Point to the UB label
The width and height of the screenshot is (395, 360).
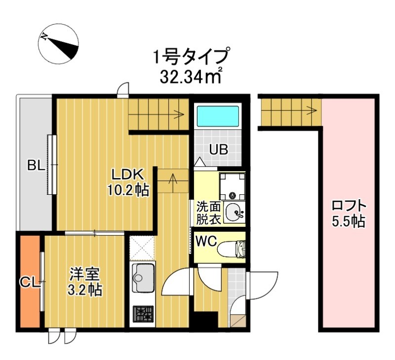[x=217, y=149]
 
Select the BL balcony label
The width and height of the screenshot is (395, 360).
[x=36, y=166]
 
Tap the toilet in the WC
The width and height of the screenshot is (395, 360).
[x=232, y=249]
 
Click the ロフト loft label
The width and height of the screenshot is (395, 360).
[x=350, y=205]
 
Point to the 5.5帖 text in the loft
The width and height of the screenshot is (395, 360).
[x=350, y=221]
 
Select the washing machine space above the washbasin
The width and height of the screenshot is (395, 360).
[x=232, y=184]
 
